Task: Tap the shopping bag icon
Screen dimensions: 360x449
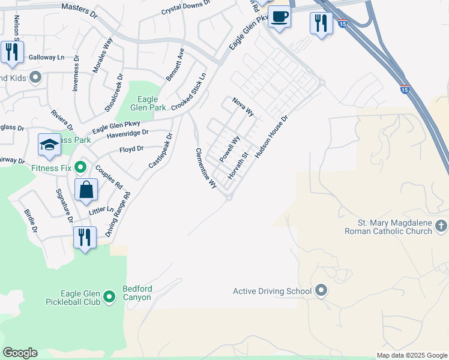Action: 86,190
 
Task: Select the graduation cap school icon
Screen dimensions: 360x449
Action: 50,145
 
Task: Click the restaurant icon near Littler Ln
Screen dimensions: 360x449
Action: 85,237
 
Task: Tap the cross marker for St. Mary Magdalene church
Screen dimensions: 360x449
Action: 441,226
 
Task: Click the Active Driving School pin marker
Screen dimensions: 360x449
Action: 321,291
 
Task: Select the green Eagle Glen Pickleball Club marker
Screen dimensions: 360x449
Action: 109,296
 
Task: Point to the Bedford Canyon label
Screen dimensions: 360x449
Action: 137,293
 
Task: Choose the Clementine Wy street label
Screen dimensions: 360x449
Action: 205,169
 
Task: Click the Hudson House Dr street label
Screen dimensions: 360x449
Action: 272,137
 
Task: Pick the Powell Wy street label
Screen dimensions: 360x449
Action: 229,148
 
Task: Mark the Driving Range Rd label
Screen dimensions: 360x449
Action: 118,215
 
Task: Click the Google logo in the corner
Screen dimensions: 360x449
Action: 20,353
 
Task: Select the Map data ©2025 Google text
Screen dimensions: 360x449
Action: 411,355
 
